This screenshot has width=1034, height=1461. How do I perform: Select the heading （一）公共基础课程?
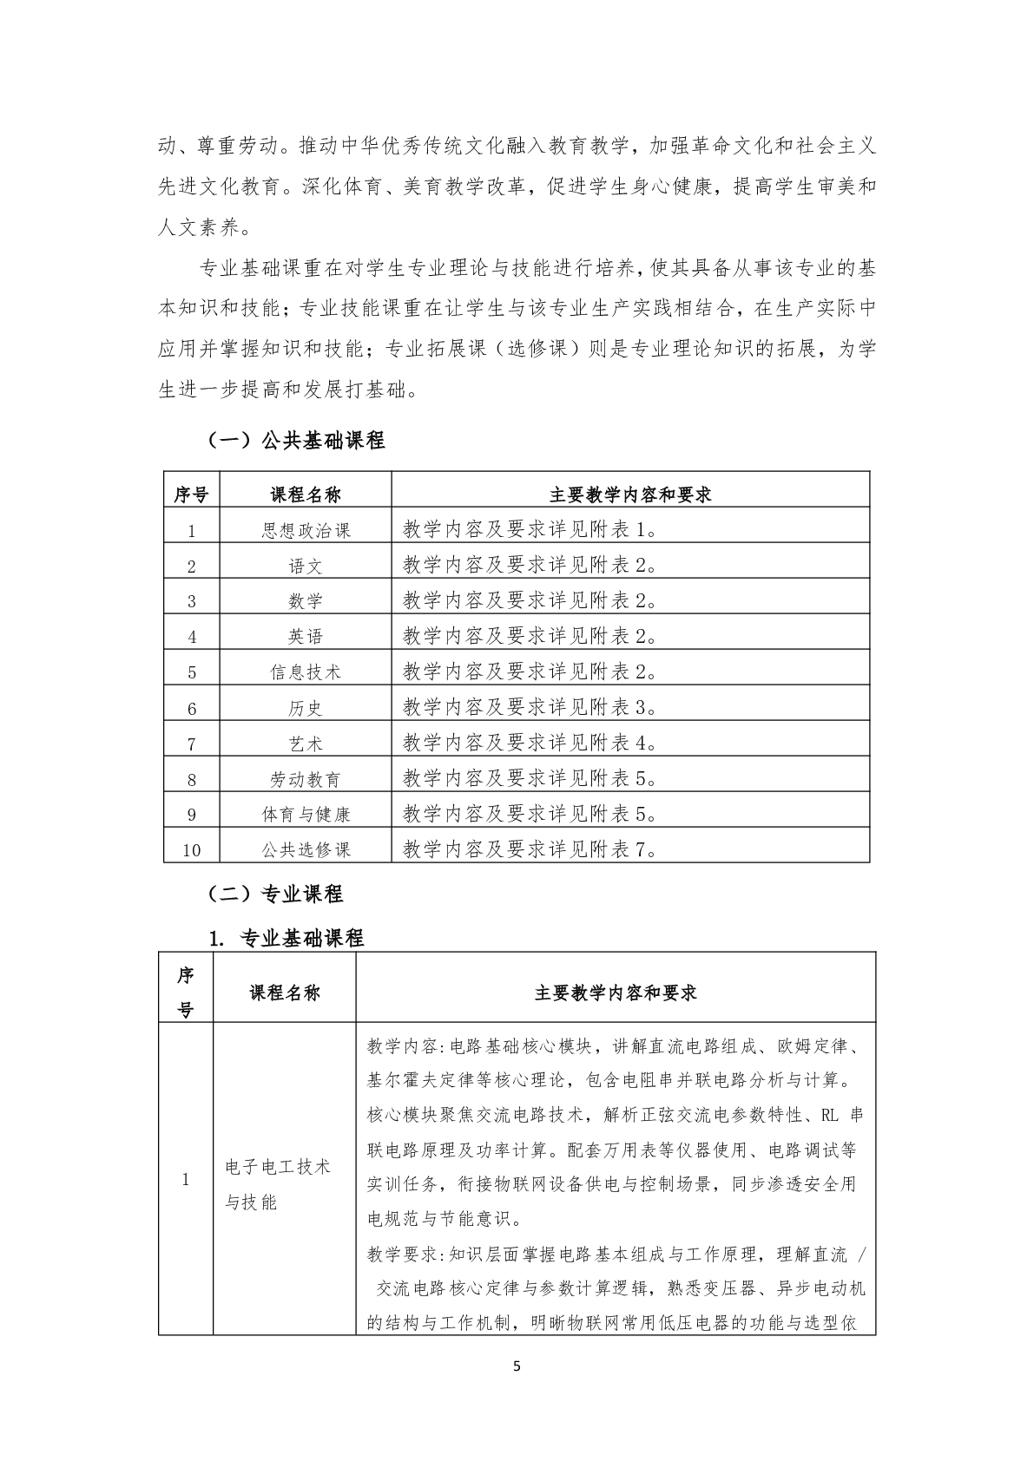[295, 441]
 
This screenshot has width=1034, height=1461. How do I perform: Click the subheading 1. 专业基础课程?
[286, 938]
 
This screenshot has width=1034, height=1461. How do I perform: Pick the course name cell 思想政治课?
[306, 530]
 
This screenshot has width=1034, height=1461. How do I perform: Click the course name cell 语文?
[306, 566]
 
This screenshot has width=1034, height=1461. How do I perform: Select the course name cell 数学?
[306, 601]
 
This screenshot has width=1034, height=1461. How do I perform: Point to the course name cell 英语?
[306, 637]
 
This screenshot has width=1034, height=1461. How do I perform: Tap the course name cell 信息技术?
[306, 672]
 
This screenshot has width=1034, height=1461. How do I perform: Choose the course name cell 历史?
[306, 708]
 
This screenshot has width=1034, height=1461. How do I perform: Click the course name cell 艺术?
[306, 744]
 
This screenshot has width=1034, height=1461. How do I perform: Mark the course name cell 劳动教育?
[306, 779]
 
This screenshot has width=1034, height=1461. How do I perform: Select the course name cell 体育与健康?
[306, 815]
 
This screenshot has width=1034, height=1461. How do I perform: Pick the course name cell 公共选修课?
[306, 849]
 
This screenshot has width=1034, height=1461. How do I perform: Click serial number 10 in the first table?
[192, 850]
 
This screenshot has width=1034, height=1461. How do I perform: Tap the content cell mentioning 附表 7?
[530, 849]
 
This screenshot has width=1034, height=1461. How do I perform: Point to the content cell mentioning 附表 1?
[530, 530]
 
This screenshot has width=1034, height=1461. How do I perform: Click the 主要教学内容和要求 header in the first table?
[630, 495]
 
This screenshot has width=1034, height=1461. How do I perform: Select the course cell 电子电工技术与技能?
[278, 1184]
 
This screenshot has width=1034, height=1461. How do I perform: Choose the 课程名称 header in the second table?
[285, 993]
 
